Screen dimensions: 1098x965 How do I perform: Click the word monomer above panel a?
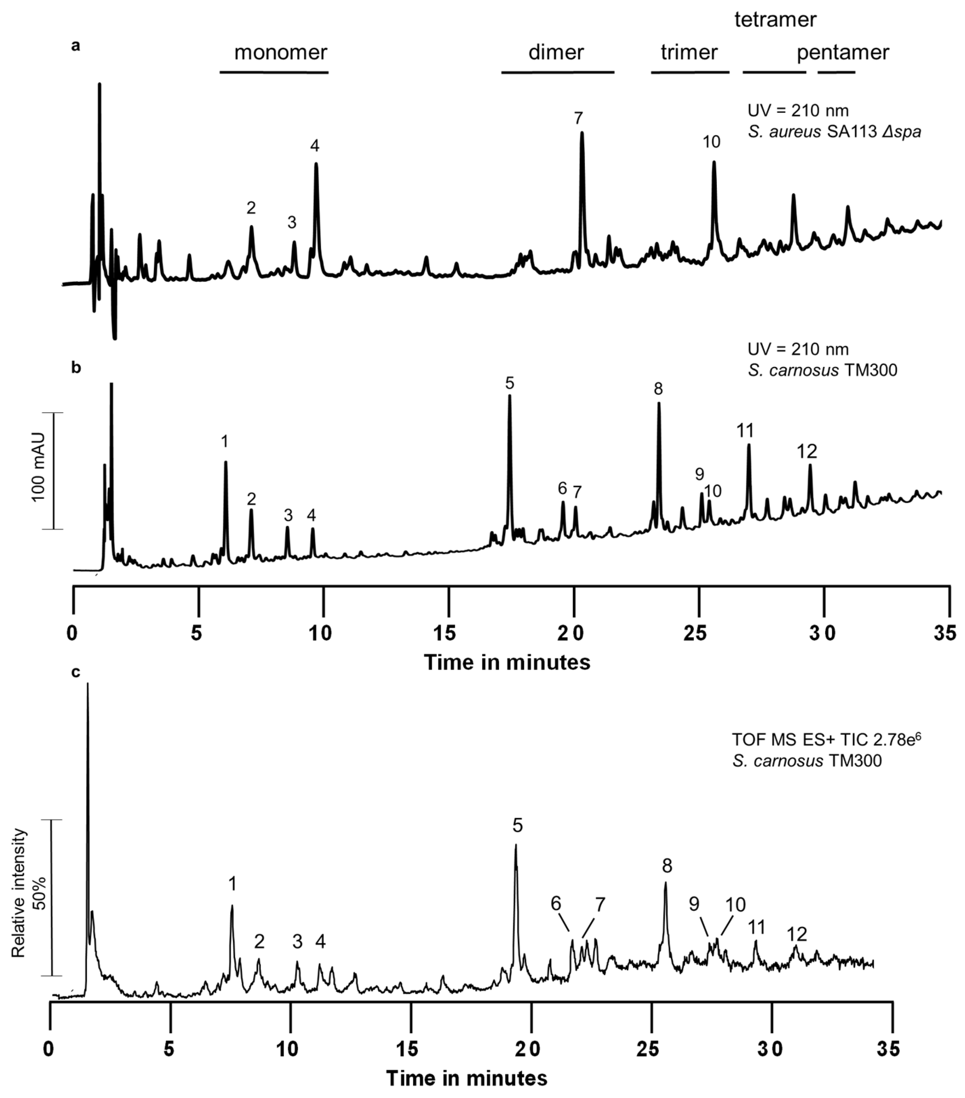[x=280, y=52]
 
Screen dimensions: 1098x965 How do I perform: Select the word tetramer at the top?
[x=775, y=20]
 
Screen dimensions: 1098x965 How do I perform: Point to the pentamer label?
[x=842, y=52]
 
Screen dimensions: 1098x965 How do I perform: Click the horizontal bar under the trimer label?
[x=690, y=72]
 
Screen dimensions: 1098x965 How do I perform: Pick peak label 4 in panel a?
[x=314, y=146]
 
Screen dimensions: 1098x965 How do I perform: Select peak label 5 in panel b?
[x=509, y=383]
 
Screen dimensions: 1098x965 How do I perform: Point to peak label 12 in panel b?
[x=806, y=451]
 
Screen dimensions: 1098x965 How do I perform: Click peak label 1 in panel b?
[x=225, y=442]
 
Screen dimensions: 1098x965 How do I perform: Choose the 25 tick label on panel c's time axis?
[x=649, y=1048]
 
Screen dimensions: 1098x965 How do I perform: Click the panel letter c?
[x=76, y=672]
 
